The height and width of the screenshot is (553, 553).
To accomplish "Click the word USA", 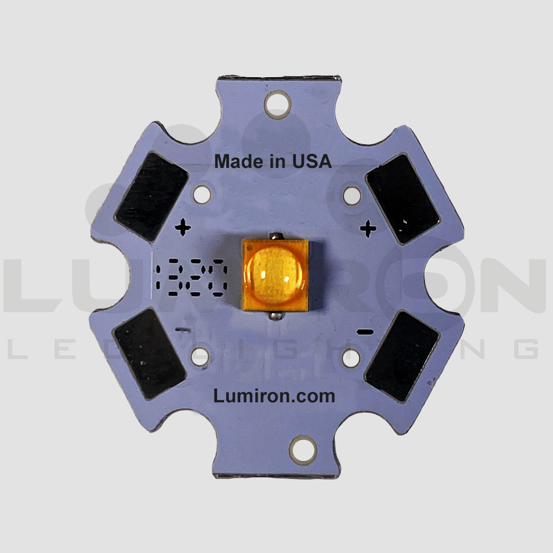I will click(x=312, y=161).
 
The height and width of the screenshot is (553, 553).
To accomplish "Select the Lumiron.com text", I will click(x=274, y=396).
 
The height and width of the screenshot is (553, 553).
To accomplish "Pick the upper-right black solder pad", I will click(x=402, y=198).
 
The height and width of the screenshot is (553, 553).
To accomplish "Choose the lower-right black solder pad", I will click(x=402, y=356).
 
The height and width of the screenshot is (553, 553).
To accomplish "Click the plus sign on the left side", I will click(x=183, y=228).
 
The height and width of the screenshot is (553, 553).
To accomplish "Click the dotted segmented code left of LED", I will click(x=191, y=280).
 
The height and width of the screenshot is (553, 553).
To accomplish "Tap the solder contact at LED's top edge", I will click(x=277, y=237).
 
